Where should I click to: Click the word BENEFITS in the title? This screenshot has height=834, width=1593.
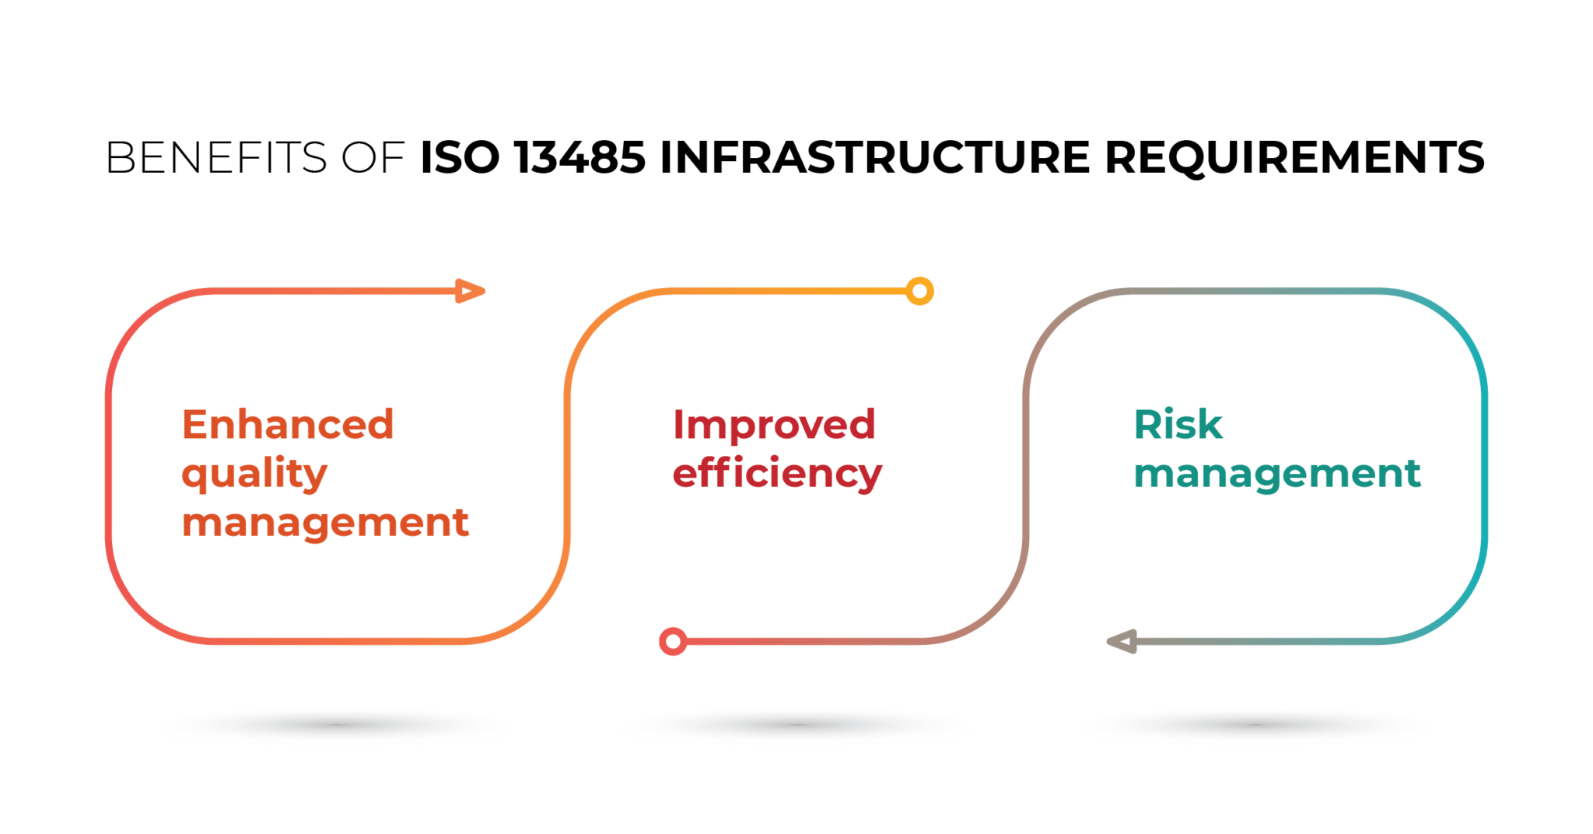(x=216, y=157)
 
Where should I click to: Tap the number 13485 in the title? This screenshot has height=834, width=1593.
(x=580, y=157)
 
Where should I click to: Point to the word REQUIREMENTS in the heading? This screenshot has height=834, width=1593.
(x=1294, y=157)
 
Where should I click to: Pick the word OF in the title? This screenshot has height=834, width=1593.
(x=372, y=157)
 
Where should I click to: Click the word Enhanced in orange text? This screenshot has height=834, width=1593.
(x=288, y=425)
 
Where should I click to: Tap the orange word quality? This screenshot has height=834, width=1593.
(x=254, y=475)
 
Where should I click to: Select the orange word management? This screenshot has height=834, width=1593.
(x=325, y=523)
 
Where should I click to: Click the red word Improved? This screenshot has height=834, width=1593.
(x=775, y=425)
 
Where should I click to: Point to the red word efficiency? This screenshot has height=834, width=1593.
(x=777, y=475)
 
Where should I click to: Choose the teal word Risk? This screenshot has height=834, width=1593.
(x=1178, y=425)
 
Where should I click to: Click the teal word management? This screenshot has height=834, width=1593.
(x=1277, y=475)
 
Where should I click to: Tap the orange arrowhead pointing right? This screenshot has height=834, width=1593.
(x=469, y=291)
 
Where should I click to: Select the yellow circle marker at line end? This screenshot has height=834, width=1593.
(x=919, y=292)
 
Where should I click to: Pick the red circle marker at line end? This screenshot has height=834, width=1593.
(x=673, y=642)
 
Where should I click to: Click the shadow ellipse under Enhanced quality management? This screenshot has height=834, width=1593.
(x=337, y=725)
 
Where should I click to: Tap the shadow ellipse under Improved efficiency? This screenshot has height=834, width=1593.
(x=797, y=725)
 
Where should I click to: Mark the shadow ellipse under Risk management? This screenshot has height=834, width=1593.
(x=1255, y=725)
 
